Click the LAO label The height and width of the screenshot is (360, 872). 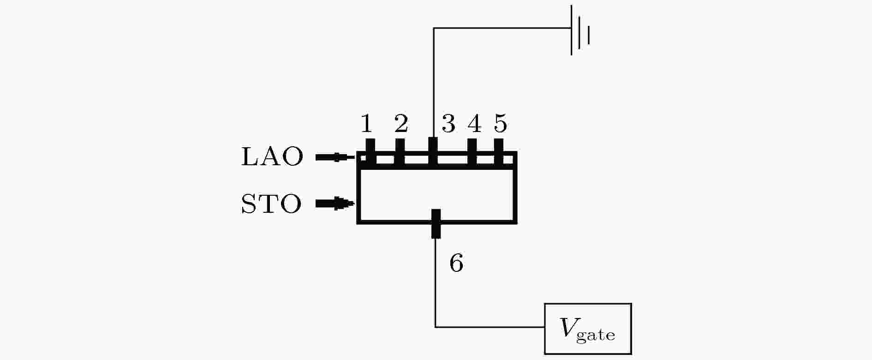coord(272,157)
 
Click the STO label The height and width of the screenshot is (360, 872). coord(271,204)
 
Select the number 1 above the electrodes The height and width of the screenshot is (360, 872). coord(366,124)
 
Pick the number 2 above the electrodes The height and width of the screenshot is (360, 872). coord(401,124)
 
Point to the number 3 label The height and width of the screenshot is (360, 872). coord(448,124)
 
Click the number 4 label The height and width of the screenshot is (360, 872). coord(474,124)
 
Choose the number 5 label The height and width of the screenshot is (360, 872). coord(501,124)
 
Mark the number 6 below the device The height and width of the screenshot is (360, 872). coord(456,264)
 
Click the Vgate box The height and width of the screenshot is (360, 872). coord(588,329)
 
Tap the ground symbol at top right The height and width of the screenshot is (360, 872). coord(580,30)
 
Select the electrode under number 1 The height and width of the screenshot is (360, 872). coord(370,152)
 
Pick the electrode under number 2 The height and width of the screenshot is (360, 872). coord(400,152)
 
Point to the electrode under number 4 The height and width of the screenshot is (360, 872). coord(472,152)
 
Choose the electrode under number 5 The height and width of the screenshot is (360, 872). coord(499,152)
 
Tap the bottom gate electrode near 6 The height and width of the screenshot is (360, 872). coord(436,224)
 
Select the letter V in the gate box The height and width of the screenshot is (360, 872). coord(567,327)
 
